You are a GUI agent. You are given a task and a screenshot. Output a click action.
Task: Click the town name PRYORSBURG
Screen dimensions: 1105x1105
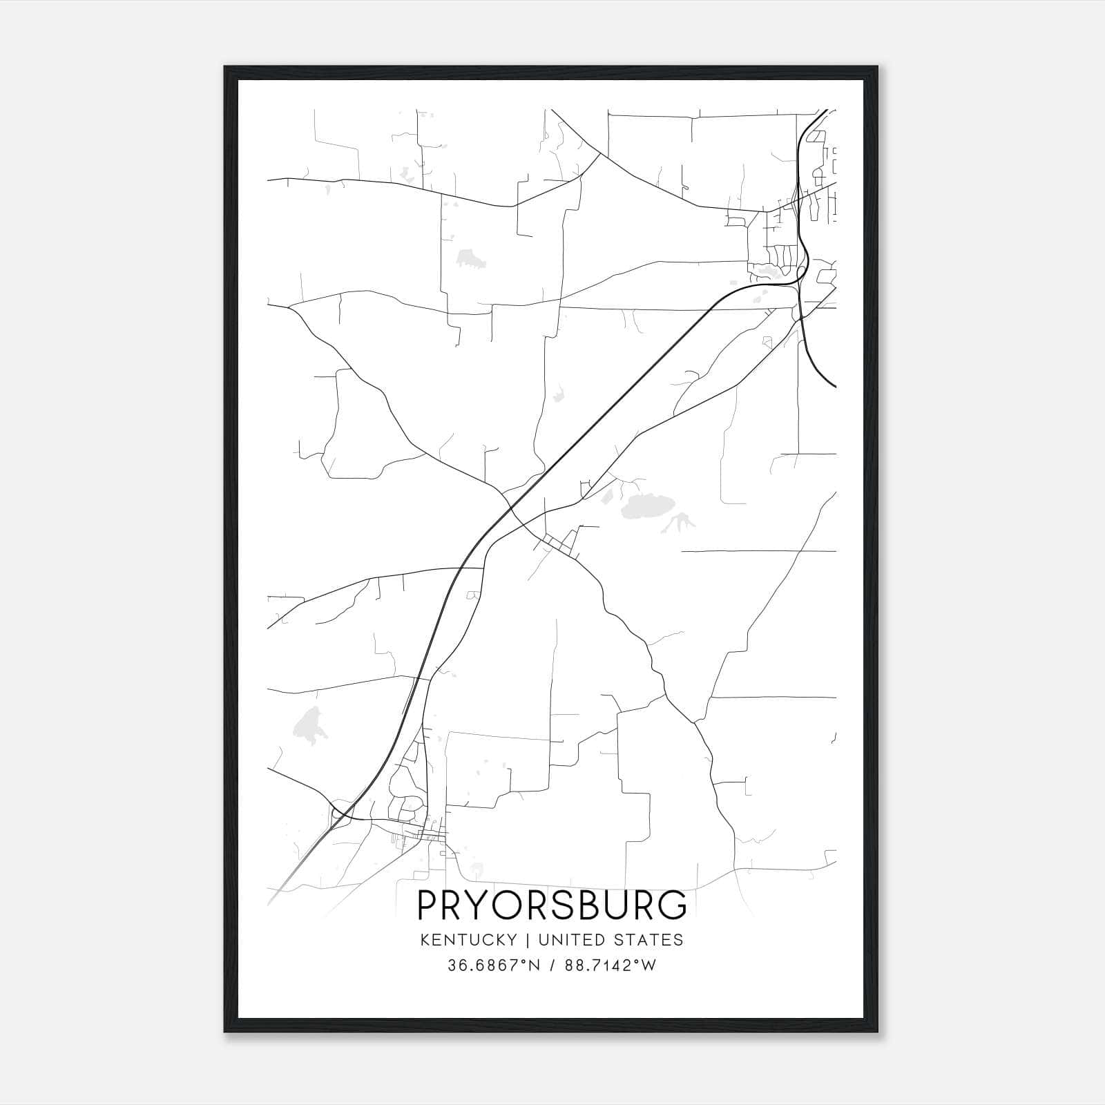[552, 905]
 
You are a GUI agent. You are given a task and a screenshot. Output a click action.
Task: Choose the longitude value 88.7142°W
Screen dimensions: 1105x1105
[611, 965]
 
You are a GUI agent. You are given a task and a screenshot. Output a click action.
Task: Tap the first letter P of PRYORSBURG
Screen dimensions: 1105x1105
[427, 905]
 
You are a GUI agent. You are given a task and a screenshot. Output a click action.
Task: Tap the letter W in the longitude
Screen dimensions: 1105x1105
[648, 965]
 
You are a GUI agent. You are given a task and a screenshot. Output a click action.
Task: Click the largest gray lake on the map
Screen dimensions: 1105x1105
[646, 508]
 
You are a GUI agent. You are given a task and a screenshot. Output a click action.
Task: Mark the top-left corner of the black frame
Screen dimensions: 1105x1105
[225, 67]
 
